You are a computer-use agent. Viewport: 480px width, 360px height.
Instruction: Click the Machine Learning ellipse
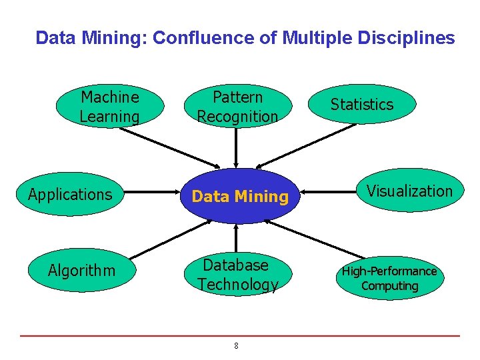click(110, 107)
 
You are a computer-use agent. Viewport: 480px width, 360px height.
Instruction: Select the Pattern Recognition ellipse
click(237, 107)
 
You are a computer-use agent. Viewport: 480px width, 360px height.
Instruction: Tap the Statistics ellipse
click(362, 104)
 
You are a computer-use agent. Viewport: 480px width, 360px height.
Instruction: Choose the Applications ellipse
click(70, 195)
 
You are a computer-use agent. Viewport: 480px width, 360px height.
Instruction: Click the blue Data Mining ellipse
click(240, 196)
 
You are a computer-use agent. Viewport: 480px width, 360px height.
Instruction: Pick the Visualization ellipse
click(409, 191)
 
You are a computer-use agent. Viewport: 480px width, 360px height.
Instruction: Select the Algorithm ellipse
click(81, 270)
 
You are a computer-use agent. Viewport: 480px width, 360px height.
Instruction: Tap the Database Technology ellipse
click(237, 274)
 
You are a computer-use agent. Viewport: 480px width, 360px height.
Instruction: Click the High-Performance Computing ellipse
click(389, 278)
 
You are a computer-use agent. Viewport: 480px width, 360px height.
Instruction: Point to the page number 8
click(236, 345)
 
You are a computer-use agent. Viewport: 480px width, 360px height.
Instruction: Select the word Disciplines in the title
click(407, 38)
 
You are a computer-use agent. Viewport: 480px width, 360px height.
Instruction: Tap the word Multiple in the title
click(313, 38)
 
